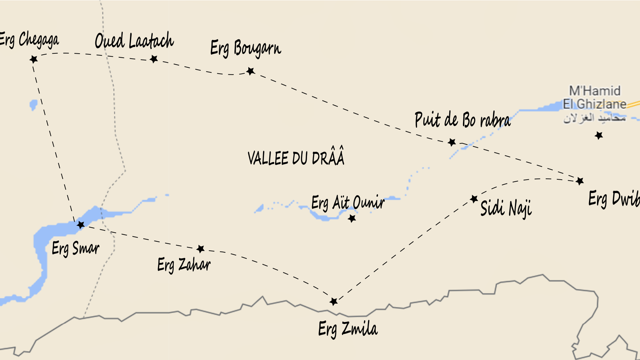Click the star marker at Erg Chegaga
click(34, 59)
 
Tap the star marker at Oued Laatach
click(154, 59)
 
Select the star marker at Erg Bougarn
click(251, 71)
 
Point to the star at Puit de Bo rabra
click(452, 142)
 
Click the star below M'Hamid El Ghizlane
click(599, 135)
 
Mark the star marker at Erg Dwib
click(580, 181)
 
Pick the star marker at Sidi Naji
click(474, 199)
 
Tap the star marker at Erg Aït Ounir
click(352, 218)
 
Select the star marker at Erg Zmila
click(334, 301)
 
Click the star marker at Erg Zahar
click(200, 249)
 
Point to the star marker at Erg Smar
click(81, 225)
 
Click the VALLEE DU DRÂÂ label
click(296, 157)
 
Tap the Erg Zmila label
click(348, 329)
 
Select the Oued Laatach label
click(134, 41)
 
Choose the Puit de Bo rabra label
click(463, 120)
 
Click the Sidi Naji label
click(506, 208)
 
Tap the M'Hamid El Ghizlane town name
click(595, 97)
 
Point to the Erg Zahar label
click(184, 265)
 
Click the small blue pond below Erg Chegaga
click(33, 105)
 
